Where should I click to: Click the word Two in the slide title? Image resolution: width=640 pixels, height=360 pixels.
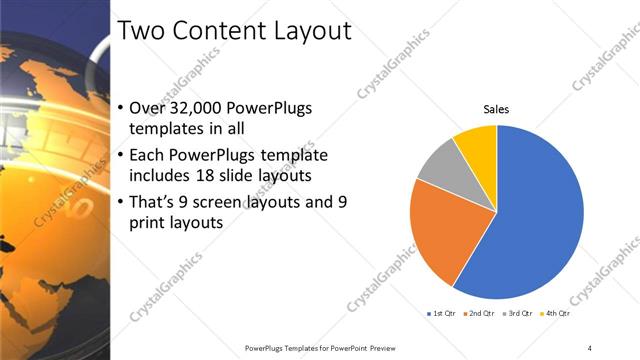tap(140, 31)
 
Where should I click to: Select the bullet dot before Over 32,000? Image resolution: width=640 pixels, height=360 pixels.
tap(120, 110)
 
